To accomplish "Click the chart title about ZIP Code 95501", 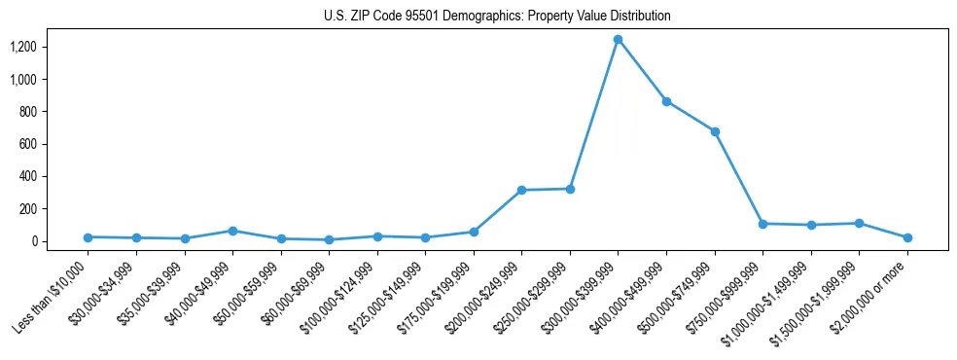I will (x=497, y=16).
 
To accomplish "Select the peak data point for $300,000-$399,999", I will (x=618, y=39).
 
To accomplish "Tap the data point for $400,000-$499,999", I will (x=666, y=101).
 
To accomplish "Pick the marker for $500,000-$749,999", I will (x=715, y=131).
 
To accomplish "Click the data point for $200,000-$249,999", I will (x=521, y=190).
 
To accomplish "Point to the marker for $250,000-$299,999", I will (x=570, y=189).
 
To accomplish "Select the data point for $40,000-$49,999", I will (x=232, y=231).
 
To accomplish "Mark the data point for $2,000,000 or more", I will (x=907, y=237).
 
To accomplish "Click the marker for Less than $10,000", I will (x=88, y=236).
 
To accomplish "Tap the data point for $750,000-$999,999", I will (x=762, y=224).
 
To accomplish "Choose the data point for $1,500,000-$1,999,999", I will (x=859, y=223).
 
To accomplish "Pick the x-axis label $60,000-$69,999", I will (x=293, y=294).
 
